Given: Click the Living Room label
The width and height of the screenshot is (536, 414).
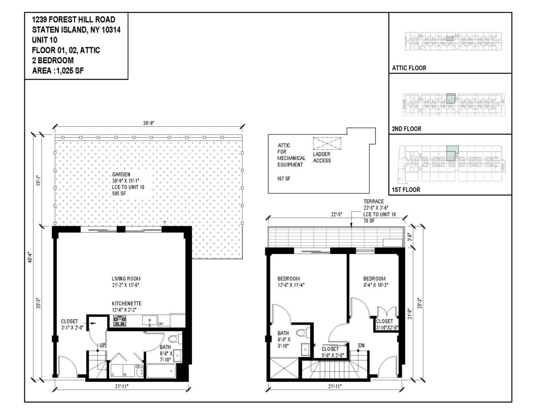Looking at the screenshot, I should click(126, 279).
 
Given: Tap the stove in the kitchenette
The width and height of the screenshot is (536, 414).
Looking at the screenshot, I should click(120, 321).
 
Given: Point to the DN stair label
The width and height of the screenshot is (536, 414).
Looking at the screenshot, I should click(361, 345).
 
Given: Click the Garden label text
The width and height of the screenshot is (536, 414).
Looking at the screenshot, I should click(121, 175).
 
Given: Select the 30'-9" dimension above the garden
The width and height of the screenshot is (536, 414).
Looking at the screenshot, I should click(148, 123).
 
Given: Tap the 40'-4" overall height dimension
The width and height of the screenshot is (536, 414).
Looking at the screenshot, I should click(30, 257).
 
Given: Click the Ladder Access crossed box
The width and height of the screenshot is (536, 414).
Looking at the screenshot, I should click(327, 143).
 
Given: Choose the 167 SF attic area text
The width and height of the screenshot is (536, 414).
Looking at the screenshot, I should click(283, 179).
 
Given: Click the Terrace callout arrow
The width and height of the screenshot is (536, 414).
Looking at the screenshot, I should click(351, 221).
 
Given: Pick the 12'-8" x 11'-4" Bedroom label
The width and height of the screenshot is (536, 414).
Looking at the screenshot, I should click(288, 279).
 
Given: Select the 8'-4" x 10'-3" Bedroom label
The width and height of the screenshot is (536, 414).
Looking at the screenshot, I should click(374, 279).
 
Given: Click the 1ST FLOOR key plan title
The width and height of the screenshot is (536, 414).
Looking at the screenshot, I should click(406, 190).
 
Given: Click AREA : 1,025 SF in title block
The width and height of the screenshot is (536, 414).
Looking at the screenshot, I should click(58, 71).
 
